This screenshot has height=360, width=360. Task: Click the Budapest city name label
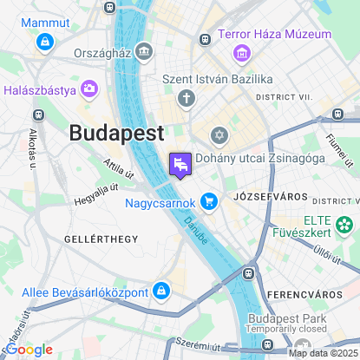click(x=116, y=134)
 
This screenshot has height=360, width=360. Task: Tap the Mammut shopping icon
click(x=43, y=40)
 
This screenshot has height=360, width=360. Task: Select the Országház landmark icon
click(x=144, y=52)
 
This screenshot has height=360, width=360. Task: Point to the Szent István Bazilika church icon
click(x=186, y=98)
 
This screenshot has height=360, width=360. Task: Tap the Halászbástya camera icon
click(x=89, y=89)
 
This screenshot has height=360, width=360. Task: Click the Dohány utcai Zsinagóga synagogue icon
click(x=219, y=135)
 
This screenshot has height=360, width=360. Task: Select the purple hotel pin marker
click(x=180, y=163)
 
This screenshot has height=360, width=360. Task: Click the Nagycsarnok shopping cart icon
click(x=208, y=202)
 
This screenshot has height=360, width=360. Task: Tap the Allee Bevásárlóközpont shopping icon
click(x=160, y=290)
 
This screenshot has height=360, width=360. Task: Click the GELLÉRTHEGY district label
click(x=101, y=238)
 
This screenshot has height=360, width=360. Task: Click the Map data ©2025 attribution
click(x=322, y=352)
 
